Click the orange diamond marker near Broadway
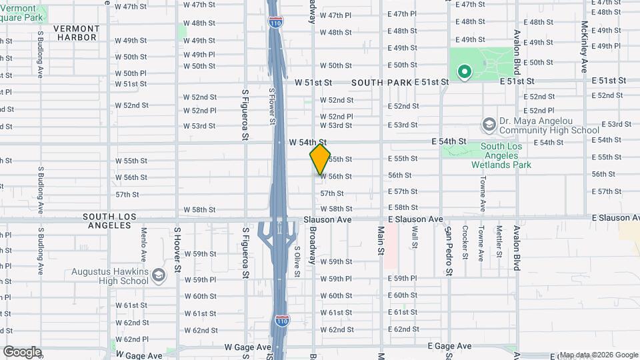pos(320,159)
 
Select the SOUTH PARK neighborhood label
pos(381,82)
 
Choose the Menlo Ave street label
pos(143,244)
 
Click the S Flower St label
pos(272,107)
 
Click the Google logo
pos(22,352)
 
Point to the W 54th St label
pos(307,142)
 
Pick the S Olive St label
pos(297,257)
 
